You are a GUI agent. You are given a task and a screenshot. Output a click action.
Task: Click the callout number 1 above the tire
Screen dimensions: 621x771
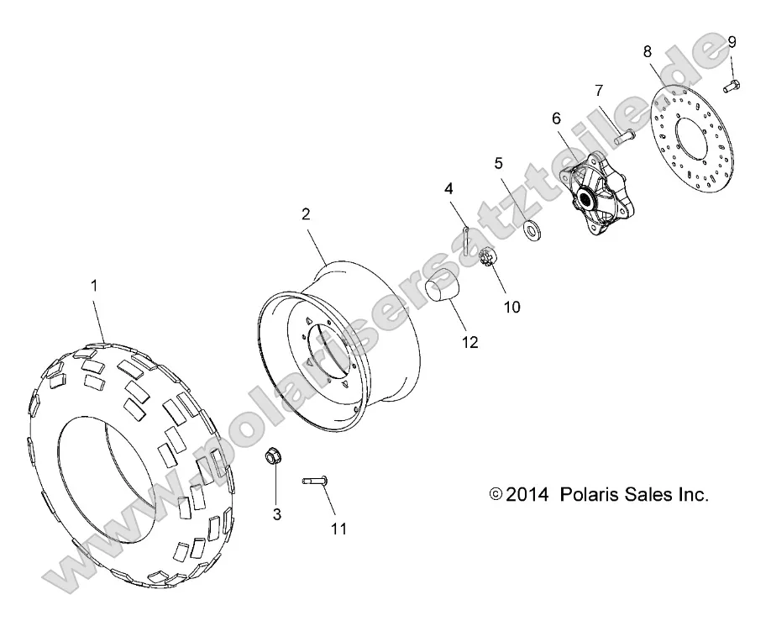click(x=94, y=286)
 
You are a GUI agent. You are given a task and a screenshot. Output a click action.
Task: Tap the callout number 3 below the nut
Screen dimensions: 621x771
click(x=276, y=513)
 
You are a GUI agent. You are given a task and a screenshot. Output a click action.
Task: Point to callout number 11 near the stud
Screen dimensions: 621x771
click(x=338, y=529)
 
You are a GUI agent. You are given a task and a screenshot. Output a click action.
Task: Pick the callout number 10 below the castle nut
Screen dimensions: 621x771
click(x=511, y=307)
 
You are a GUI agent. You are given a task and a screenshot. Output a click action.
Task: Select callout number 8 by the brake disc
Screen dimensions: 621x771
click(x=648, y=51)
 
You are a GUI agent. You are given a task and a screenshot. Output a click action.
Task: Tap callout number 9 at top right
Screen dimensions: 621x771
click(x=732, y=41)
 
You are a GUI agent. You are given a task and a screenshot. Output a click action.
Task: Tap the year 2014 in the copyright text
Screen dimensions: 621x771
click(x=526, y=495)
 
